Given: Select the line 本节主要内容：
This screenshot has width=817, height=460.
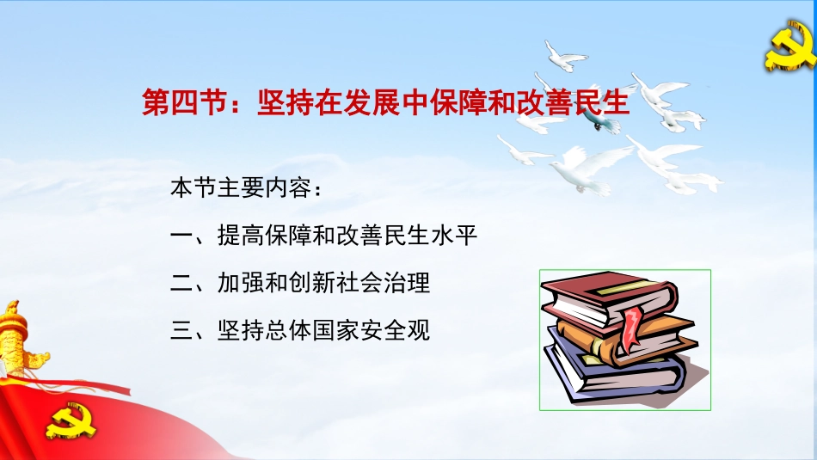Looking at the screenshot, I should pos(246,187).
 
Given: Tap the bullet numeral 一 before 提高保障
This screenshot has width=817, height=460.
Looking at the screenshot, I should pos(181,235).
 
